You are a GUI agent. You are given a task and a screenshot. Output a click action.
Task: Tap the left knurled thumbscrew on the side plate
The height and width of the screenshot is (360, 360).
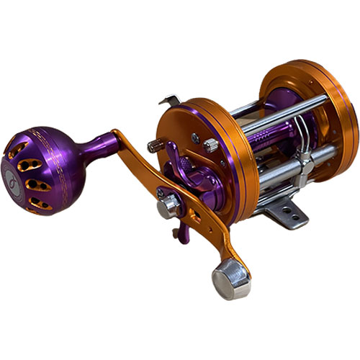coord(153,146)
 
